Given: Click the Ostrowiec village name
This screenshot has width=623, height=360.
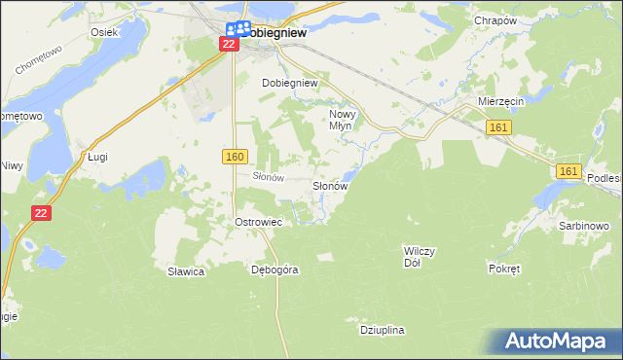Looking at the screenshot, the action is pos(258,223).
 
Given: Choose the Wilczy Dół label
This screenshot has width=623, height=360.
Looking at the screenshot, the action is pos(420,256).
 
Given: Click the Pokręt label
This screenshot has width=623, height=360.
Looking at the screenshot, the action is pos(505,268).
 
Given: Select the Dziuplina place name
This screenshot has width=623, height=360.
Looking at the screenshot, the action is pos(382,331).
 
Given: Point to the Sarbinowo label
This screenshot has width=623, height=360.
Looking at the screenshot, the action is pos(584,226).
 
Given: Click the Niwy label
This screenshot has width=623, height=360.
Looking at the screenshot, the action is pos(11,164).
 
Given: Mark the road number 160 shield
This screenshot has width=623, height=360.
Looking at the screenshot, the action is pos(235,157).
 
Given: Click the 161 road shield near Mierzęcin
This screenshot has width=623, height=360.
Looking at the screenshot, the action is pos(497,127).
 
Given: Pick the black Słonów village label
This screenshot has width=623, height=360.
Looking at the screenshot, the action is pos(330,185).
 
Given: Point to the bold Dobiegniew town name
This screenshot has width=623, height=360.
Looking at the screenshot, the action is pos(276,31).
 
